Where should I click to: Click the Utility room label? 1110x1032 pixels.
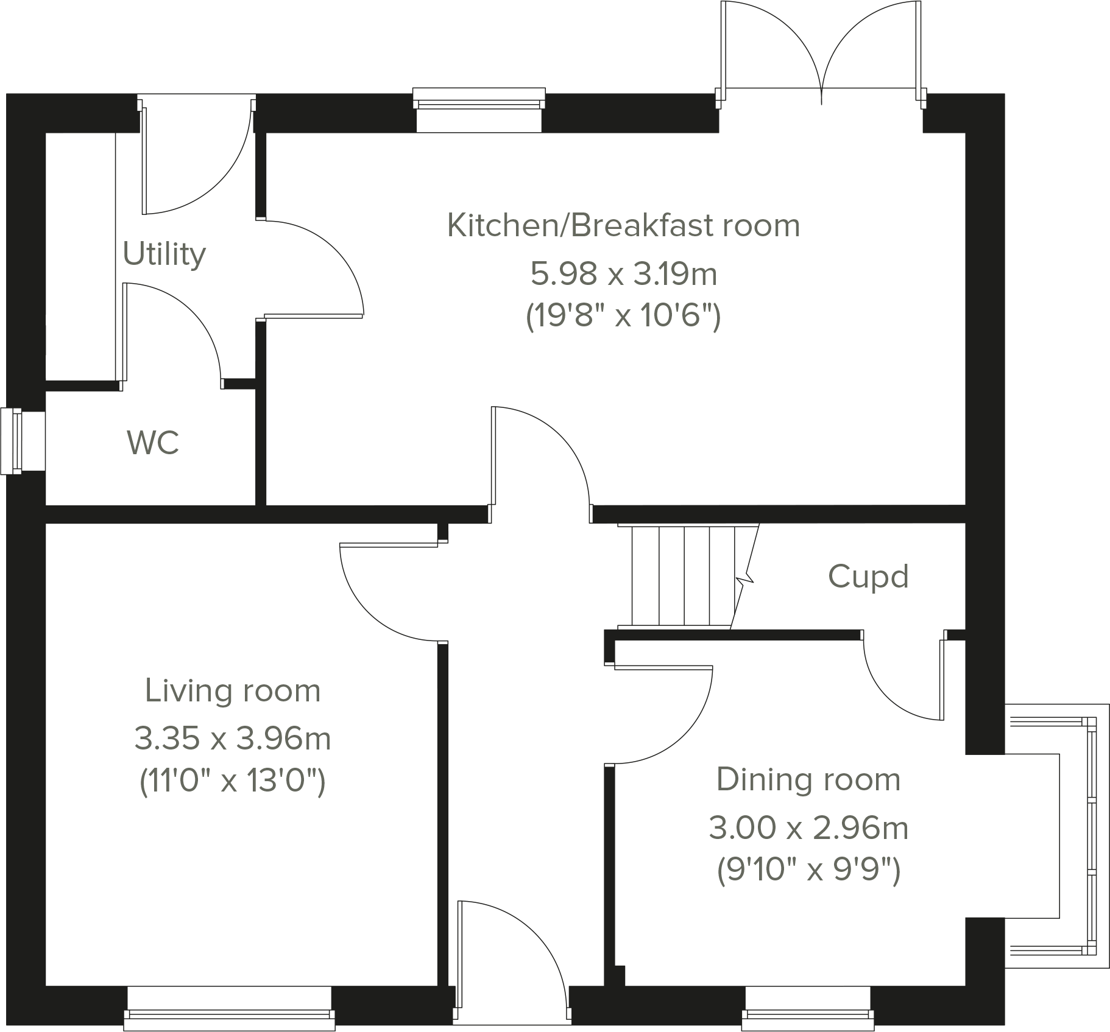pos(164,254)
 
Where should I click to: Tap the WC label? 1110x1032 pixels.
pos(153,443)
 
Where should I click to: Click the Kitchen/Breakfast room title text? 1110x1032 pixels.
pos(623,225)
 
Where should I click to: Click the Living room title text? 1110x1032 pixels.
pos(233,690)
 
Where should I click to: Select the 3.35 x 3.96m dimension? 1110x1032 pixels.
pos(233,739)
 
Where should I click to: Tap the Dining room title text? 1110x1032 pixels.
pos(808,779)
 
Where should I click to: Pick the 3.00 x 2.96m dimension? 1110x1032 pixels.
pos(808,828)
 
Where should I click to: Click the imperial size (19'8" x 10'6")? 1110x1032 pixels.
pos(623,316)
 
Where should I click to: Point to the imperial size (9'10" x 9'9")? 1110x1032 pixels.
pos(808,871)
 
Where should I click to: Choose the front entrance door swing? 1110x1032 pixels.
pos(512,950)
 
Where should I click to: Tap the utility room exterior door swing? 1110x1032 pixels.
pos(195,164)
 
